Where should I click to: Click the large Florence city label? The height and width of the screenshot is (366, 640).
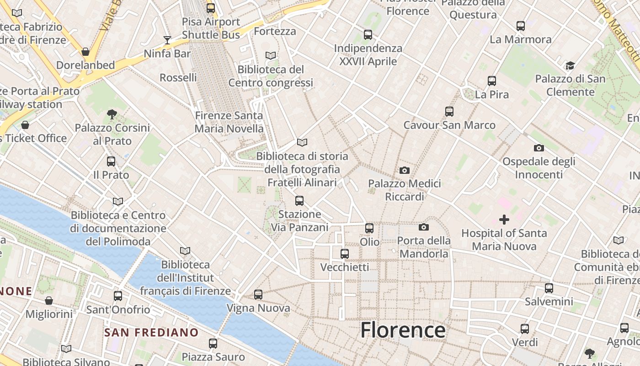(x=403, y=330)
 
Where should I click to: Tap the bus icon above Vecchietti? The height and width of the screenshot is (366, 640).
(x=345, y=253)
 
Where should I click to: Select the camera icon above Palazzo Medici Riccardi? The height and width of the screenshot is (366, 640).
(x=404, y=171)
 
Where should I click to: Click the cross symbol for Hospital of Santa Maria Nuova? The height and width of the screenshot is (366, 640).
(x=504, y=220)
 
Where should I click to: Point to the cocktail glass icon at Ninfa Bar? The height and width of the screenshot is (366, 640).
(x=167, y=40)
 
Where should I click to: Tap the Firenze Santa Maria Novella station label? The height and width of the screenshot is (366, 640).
(x=229, y=122)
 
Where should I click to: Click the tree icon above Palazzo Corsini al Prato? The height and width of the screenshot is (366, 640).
(x=112, y=114)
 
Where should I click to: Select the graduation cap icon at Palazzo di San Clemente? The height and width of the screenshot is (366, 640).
(x=570, y=65)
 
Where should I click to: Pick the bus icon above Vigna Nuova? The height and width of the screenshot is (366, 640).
(x=258, y=295)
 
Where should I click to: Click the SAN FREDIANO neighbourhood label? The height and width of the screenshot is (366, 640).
(x=151, y=333)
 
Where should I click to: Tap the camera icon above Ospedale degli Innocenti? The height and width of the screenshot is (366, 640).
(x=539, y=148)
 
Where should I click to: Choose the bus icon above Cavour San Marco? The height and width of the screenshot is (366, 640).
(x=449, y=112)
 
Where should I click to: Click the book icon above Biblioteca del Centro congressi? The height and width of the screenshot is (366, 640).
(x=271, y=55)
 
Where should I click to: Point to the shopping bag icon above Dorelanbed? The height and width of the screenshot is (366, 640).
(x=85, y=52)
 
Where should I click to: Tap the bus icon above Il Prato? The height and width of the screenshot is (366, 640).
(x=111, y=161)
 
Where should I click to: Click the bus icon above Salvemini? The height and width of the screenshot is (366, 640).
(x=549, y=288)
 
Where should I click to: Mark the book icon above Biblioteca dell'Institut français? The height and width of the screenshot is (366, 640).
(x=185, y=251)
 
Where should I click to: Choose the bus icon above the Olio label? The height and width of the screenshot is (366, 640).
(x=369, y=228)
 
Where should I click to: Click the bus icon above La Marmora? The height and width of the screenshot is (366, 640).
(x=520, y=26)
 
